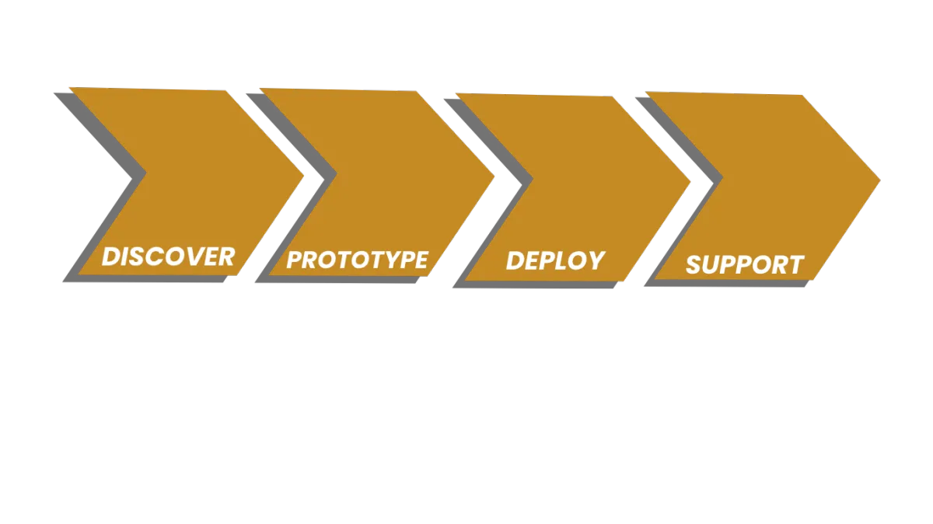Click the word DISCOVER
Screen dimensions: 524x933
[x=168, y=257]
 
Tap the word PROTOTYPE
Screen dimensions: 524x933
[x=357, y=260]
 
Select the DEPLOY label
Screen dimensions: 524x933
[x=555, y=260]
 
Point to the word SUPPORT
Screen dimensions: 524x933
[x=744, y=264]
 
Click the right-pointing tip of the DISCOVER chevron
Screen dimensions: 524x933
[x=302, y=175]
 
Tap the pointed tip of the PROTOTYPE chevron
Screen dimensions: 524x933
[x=493, y=177]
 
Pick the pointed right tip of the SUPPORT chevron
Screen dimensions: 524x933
[x=879, y=181]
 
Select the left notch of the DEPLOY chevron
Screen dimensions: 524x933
[x=532, y=179]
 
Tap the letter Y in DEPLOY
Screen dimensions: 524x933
[x=595, y=260]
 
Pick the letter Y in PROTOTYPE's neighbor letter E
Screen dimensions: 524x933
[x=419, y=260]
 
